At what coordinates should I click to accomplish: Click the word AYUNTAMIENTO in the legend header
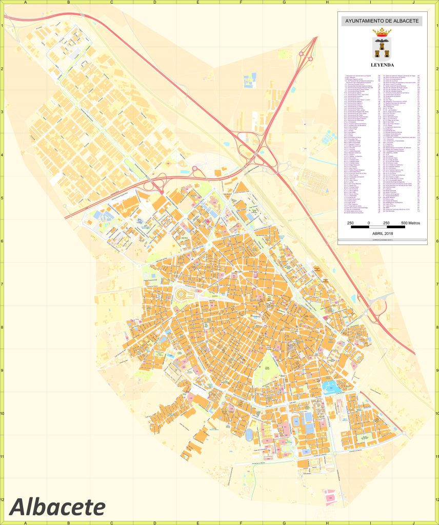(x=365, y=21)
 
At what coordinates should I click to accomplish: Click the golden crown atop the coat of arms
(x=382, y=33)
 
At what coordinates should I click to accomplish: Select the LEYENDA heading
(x=382, y=66)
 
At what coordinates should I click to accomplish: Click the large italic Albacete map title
(x=57, y=507)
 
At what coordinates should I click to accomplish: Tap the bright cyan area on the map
(x=331, y=385)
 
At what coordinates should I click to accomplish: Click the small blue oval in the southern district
(x=249, y=435)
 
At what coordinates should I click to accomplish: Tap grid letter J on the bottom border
(x=413, y=522)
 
